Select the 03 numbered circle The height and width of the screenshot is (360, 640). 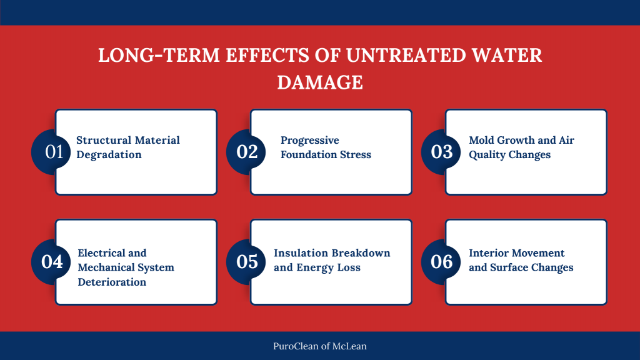(x=442, y=152)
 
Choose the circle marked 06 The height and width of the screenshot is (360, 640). (x=442, y=261)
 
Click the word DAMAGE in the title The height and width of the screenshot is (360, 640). (x=320, y=82)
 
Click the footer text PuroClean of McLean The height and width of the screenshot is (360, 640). (x=320, y=346)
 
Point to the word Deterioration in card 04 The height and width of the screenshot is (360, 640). (x=112, y=282)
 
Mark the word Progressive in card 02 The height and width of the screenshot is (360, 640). (x=309, y=140)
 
